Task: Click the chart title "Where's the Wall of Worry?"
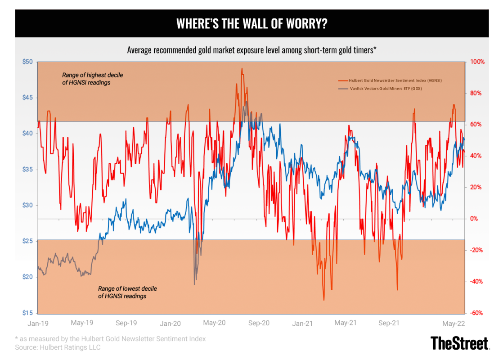(x=251, y=24)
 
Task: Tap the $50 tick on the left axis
(x=27, y=62)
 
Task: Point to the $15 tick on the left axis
(x=27, y=313)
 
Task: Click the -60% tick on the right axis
(x=476, y=313)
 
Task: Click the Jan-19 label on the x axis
(x=38, y=323)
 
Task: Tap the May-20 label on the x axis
(x=215, y=323)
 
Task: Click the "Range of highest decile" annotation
(x=92, y=79)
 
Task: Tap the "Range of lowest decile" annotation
(x=127, y=292)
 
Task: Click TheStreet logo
(x=459, y=343)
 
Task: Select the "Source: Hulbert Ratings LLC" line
(x=58, y=347)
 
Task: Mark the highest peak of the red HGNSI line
(x=242, y=69)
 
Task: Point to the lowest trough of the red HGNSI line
(x=324, y=300)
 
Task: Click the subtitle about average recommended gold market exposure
(x=251, y=50)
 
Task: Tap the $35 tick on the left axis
(x=27, y=169)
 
